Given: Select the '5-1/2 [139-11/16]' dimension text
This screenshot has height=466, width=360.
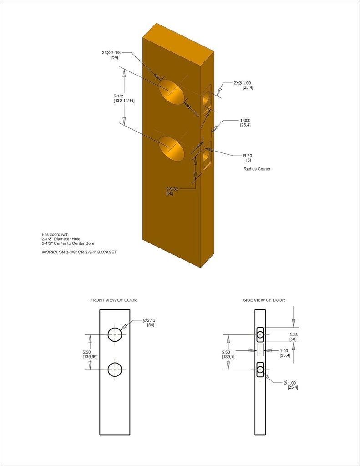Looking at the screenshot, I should (x=123, y=98).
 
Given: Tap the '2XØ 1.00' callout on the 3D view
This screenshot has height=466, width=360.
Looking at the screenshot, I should (x=243, y=85).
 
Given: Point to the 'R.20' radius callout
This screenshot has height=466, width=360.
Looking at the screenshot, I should (x=248, y=158).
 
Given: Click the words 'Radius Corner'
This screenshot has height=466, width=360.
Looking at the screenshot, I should (x=257, y=169).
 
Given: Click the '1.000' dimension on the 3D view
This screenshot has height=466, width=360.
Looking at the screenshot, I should (x=246, y=122).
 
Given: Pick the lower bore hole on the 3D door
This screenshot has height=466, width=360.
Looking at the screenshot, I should (x=172, y=148).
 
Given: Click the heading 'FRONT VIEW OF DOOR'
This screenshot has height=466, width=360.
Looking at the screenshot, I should (x=113, y=300).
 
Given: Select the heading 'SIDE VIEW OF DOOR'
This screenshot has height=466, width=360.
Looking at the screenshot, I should (x=264, y=300).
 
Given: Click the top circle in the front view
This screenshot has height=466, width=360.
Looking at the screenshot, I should (x=115, y=334).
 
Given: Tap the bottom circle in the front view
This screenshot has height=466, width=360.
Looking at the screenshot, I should (x=115, y=370).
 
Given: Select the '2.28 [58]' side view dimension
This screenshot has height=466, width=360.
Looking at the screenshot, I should (x=293, y=337).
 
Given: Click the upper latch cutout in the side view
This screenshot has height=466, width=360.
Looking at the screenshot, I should (x=260, y=334).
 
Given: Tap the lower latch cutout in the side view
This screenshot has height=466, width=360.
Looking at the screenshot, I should (x=260, y=369).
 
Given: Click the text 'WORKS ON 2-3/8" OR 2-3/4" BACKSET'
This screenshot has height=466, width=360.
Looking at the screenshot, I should (x=79, y=252).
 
